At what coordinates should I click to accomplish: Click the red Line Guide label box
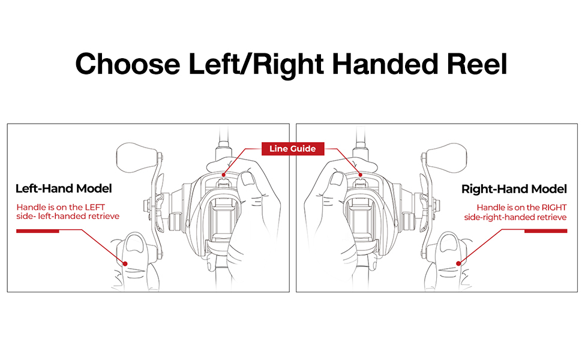click(x=293, y=149)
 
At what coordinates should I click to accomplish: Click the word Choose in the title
click(x=128, y=64)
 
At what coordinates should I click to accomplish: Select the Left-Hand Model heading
click(x=64, y=188)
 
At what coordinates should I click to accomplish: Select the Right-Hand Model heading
click(x=514, y=189)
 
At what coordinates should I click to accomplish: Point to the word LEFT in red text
click(x=95, y=207)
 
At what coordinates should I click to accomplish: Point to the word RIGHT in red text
click(x=554, y=208)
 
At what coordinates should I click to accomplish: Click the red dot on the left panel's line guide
click(x=223, y=175)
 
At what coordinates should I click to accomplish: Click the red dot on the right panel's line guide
click(x=360, y=175)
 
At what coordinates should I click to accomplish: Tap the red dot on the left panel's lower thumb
click(x=125, y=263)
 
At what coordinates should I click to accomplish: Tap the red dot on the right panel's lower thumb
click(x=458, y=263)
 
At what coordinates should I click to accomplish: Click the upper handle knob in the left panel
click(x=136, y=157)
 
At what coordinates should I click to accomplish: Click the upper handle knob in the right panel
click(x=446, y=157)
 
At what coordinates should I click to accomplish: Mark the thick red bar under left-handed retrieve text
click(x=37, y=231)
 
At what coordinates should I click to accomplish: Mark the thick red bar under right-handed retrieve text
click(x=545, y=231)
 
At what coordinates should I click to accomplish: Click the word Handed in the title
click(x=385, y=64)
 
